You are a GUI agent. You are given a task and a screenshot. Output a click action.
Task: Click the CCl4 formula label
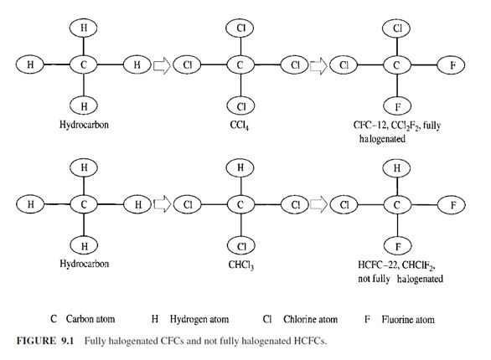[x=240, y=125]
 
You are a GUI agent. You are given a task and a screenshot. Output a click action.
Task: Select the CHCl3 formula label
[x=240, y=265]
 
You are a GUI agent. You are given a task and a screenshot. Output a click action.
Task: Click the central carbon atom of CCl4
[x=240, y=65]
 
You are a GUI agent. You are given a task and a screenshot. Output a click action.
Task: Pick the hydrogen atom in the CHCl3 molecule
[x=240, y=167]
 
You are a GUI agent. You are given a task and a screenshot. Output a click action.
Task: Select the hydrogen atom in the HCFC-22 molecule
[x=397, y=168]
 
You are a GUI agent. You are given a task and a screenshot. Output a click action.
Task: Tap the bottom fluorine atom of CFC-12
[x=397, y=106]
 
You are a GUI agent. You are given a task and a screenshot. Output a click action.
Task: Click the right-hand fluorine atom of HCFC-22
[x=452, y=205]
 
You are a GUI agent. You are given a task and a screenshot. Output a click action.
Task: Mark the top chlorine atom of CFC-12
[x=397, y=28]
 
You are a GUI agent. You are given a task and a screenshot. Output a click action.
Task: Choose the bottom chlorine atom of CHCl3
[x=240, y=246]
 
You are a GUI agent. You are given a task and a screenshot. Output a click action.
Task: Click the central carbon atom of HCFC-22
[x=397, y=205]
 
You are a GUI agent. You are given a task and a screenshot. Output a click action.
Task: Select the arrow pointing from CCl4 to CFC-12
[x=318, y=65]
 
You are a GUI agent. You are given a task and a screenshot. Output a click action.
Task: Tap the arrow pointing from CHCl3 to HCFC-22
[x=318, y=205]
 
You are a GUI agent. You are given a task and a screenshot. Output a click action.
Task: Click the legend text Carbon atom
[x=90, y=319]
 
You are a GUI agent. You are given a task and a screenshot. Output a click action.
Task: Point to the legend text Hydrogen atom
[x=199, y=319]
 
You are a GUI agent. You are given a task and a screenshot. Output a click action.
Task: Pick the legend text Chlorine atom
[x=310, y=319]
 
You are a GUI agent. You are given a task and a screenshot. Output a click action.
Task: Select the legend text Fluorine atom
[x=408, y=320]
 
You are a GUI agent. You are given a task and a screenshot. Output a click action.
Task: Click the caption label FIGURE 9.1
[x=45, y=341]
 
